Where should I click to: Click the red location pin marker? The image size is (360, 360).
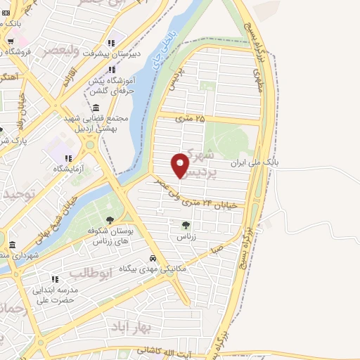pos(181,165)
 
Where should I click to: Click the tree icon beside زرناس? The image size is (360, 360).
pos(186,225)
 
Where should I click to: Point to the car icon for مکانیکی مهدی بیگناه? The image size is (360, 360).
pos(153,258)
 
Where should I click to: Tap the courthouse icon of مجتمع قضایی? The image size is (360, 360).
pos(96,107)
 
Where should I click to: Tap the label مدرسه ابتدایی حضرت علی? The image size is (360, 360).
pos(53,295)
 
